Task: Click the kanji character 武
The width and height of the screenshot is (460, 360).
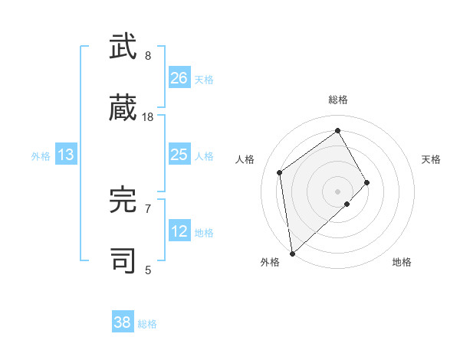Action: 123,47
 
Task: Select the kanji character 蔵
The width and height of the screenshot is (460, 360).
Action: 123,107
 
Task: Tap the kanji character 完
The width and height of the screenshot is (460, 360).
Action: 123,201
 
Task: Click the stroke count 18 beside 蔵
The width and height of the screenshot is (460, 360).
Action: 148,117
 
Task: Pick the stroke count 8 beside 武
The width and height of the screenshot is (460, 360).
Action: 148,56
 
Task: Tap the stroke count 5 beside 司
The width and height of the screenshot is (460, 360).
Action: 148,270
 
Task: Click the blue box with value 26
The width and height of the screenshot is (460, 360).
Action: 179,77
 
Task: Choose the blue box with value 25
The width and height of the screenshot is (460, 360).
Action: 179,155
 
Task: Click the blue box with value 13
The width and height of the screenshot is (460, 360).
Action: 66,155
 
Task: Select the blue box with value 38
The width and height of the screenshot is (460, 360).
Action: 123,322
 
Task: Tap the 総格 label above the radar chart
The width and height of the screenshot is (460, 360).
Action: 337,100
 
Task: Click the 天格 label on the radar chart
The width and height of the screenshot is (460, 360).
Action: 432,159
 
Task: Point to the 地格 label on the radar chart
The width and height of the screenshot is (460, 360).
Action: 402,262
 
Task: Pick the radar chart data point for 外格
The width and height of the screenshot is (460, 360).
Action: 292,253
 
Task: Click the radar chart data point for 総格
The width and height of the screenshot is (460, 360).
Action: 337,130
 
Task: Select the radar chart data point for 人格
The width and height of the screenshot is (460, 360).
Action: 280,172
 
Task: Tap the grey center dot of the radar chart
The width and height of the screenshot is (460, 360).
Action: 337,191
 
